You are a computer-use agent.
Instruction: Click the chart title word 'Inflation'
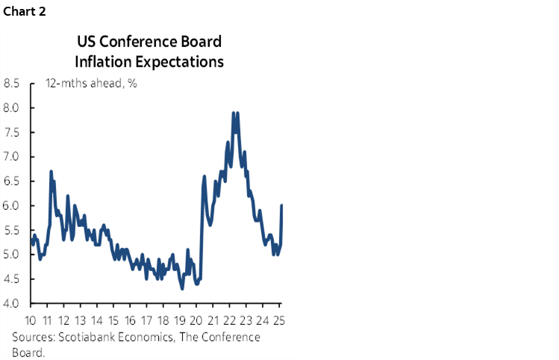(x=101, y=61)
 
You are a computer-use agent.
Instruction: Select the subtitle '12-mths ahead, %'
(x=90, y=84)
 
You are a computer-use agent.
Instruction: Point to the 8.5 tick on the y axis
(x=12, y=84)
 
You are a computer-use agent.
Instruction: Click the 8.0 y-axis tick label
(x=12, y=108)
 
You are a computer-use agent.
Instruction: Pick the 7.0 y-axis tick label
(x=12, y=157)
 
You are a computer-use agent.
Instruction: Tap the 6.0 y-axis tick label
(x=12, y=206)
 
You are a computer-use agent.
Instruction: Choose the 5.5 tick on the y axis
(x=12, y=231)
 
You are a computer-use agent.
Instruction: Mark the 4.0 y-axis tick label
(x=12, y=304)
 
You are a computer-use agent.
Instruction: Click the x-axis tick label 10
(x=30, y=321)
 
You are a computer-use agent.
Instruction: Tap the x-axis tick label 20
(x=196, y=321)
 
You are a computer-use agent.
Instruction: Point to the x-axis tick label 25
(x=280, y=321)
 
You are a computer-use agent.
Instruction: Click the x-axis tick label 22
(x=230, y=321)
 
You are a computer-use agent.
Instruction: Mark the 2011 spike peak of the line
(x=51, y=172)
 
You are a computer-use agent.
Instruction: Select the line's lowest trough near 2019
(x=182, y=289)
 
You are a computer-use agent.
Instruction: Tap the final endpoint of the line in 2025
(x=281, y=205)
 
